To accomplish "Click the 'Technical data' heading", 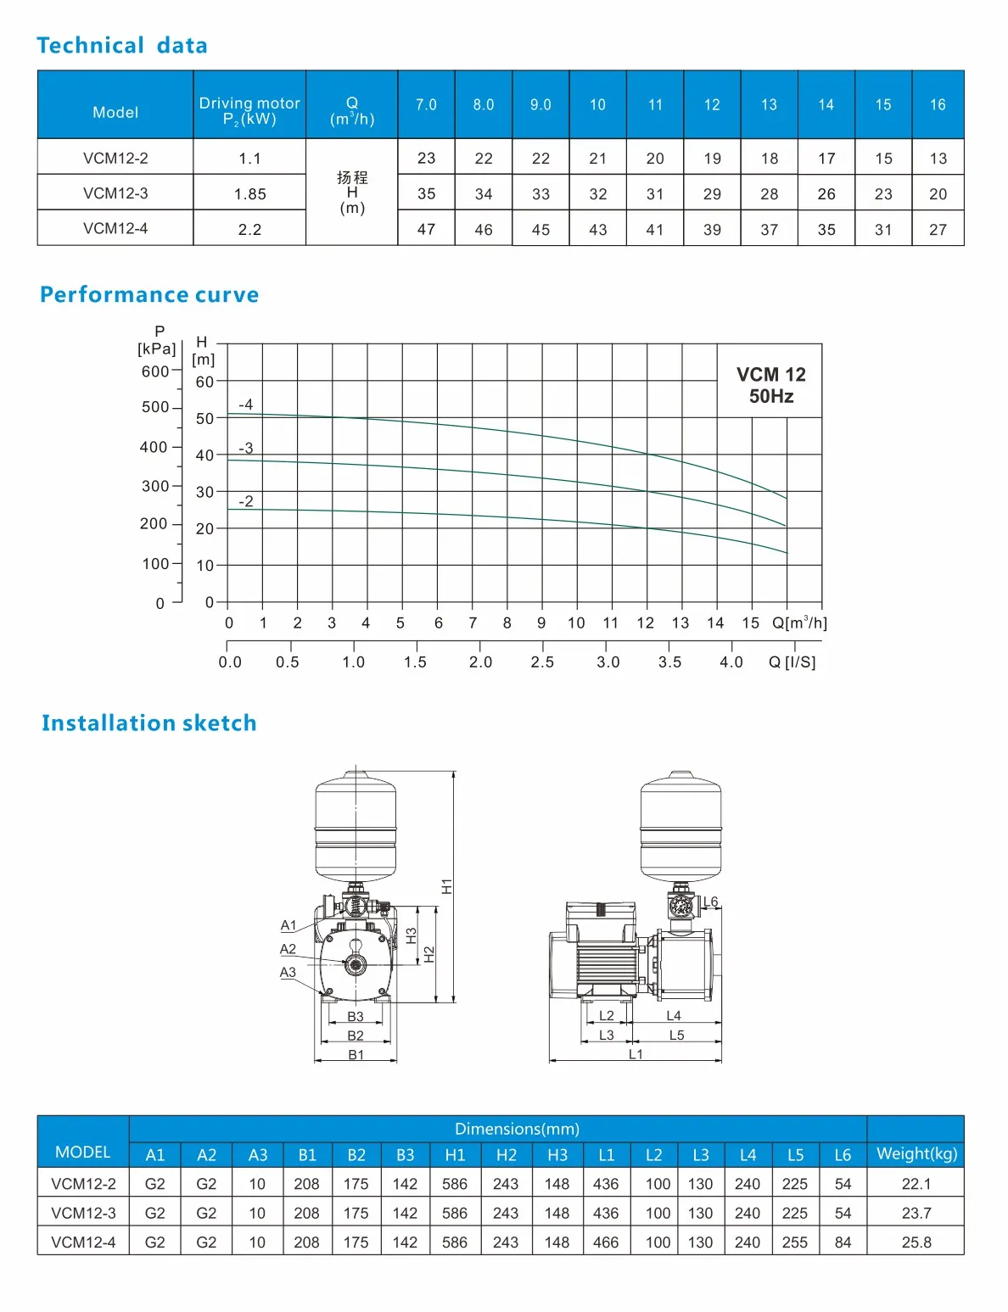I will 122,46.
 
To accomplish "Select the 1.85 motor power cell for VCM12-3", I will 249,194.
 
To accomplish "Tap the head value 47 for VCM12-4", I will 426,230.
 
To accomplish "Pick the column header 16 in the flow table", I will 937,105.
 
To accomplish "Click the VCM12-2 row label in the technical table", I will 115,159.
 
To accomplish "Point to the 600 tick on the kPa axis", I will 155,371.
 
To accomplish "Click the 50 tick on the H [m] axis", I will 204,419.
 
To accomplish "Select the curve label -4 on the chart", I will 245,405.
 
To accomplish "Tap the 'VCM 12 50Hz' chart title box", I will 770,385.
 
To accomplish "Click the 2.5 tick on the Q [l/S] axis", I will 542,662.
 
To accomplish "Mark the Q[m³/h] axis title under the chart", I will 799,623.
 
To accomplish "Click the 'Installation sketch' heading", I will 148,723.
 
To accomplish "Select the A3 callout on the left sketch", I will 288,973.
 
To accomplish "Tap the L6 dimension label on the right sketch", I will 710,902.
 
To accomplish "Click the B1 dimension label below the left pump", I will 356,1055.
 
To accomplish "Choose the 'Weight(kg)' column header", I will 916,1153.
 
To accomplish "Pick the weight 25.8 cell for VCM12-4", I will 916,1242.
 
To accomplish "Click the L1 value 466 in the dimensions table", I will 606,1242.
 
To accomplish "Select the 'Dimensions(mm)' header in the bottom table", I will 517,1129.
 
